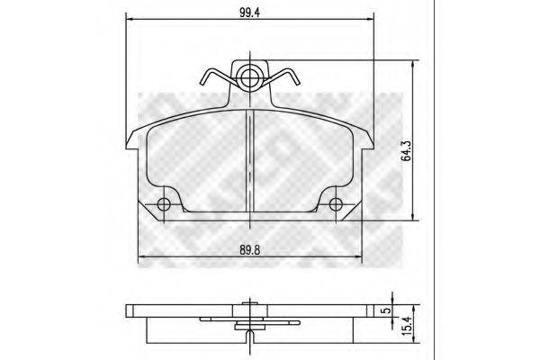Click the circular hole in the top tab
point(249,76)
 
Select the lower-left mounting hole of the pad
point(163,204)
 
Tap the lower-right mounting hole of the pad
point(336,204)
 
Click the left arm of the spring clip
point(213,79)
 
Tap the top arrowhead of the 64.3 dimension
point(413,64)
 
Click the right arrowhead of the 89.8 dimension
point(359,261)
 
